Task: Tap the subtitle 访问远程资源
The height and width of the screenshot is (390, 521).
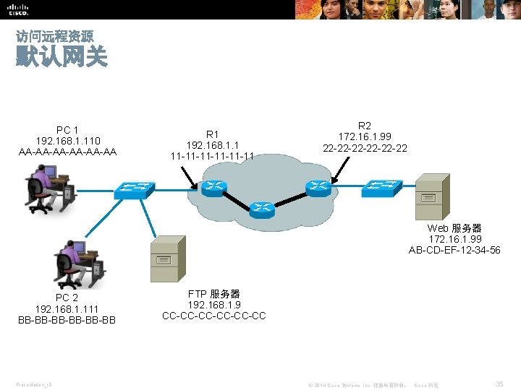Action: click(54, 35)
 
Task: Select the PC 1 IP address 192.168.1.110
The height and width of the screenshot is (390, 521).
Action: click(68, 140)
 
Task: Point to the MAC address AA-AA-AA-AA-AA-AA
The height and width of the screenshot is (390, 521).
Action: click(68, 151)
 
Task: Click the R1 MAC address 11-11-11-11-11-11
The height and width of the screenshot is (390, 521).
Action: click(212, 155)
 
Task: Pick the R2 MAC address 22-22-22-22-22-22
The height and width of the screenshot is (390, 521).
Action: click(365, 148)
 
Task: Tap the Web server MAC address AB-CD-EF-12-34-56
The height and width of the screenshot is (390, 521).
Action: click(454, 250)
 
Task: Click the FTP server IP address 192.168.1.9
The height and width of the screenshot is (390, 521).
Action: click(214, 305)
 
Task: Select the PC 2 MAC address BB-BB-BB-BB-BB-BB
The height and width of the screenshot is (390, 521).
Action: click(67, 319)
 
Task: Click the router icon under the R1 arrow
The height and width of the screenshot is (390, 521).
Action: click(214, 188)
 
